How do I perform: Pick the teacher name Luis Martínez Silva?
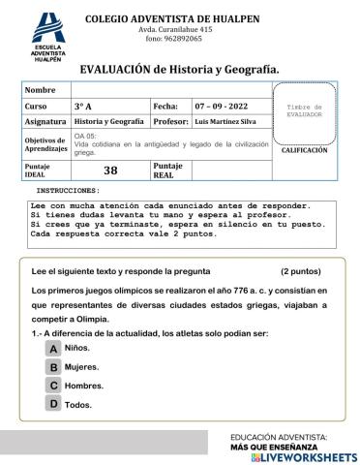click(x=228, y=122)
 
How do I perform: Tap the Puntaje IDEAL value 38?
click(x=109, y=170)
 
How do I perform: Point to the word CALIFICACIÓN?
click(x=305, y=151)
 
